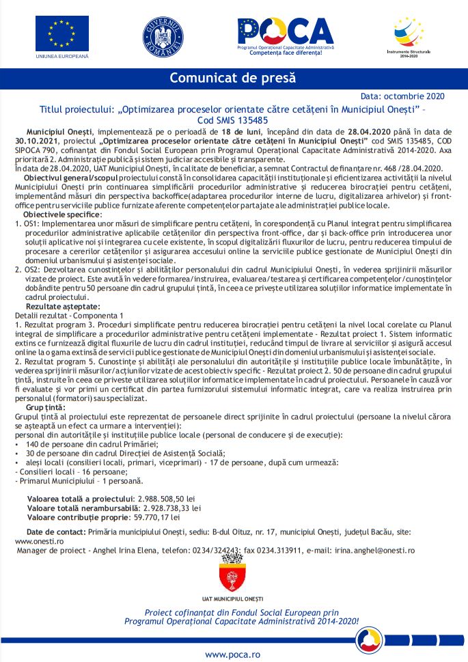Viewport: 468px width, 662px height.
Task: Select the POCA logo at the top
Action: tap(284, 33)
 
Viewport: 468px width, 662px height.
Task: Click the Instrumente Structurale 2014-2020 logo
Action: tap(408, 35)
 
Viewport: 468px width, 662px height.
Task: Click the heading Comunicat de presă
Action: tap(233, 78)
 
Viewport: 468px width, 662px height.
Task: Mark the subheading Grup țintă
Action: tap(42, 407)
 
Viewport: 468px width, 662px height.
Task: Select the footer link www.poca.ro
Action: tap(233, 654)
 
